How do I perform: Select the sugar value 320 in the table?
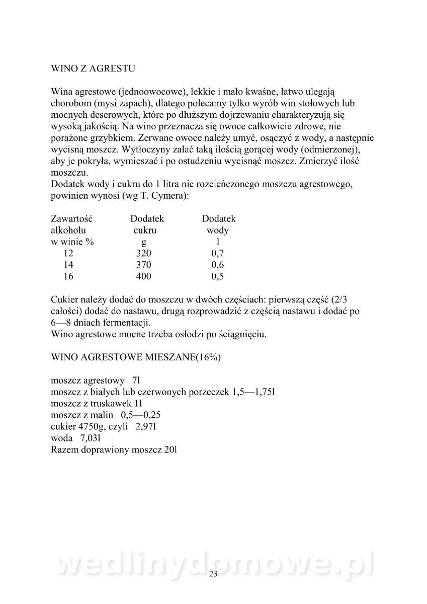143,253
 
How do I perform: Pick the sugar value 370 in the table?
143,265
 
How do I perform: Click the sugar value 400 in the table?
143,276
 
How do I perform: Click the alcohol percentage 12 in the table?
69,253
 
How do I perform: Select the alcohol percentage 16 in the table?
69,276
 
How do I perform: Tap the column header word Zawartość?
72,219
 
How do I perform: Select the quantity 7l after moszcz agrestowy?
136,381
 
